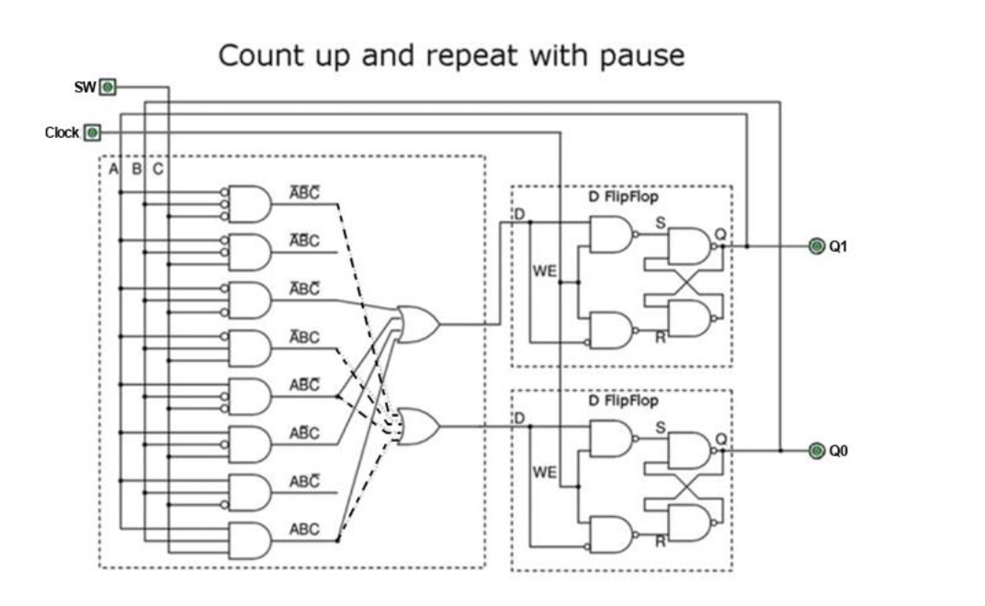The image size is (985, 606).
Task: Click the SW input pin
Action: coord(108,87)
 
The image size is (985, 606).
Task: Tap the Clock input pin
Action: coord(91,132)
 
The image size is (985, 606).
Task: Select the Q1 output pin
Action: coord(816,246)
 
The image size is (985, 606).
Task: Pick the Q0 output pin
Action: coord(816,451)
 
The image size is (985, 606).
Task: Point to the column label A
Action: coord(113,170)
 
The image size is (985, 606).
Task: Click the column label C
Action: coord(157,170)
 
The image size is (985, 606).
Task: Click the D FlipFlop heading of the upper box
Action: coord(623,196)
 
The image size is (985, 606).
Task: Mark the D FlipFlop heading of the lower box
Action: coord(623,401)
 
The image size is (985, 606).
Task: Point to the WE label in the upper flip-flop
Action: coord(545,272)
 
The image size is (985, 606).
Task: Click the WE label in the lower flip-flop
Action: coord(545,473)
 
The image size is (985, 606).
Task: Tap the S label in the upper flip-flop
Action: coord(660,223)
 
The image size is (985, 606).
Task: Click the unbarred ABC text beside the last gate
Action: coord(304,530)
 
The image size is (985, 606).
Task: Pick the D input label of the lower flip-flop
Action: coord(520,419)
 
